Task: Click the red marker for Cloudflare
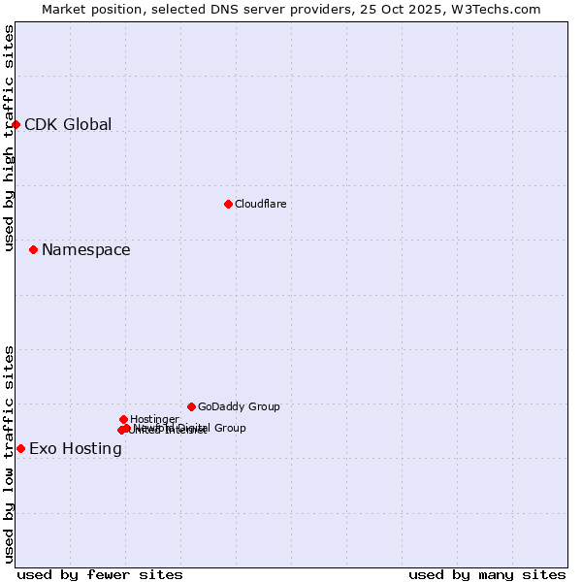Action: pyautogui.click(x=228, y=204)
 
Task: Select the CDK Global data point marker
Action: pyautogui.click(x=16, y=124)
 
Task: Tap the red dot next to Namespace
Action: pyautogui.click(x=33, y=249)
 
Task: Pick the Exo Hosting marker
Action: pyautogui.click(x=20, y=448)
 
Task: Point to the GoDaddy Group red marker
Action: pyautogui.click(x=191, y=406)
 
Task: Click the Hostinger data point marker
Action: pyautogui.click(x=123, y=419)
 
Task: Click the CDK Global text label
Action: pyautogui.click(x=68, y=124)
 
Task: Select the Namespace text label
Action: pyautogui.click(x=85, y=250)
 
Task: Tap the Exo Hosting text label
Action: pyautogui.click(x=76, y=449)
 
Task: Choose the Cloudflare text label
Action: pyautogui.click(x=260, y=204)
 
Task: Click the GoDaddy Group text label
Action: pyautogui.click(x=239, y=407)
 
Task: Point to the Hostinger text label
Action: pyautogui.click(x=154, y=419)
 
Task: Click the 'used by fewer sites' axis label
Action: pyautogui.click(x=100, y=574)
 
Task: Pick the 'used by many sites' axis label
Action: pyautogui.click(x=487, y=574)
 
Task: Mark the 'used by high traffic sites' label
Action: pyautogui.click(x=10, y=138)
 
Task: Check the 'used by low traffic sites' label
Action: pyautogui.click(x=10, y=453)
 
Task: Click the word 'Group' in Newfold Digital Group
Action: pyautogui.click(x=229, y=428)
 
